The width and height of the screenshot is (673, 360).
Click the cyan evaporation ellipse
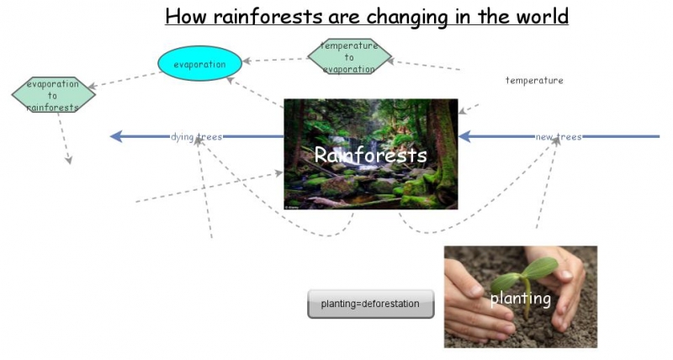click(199, 64)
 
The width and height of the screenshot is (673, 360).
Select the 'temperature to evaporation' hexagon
click(349, 57)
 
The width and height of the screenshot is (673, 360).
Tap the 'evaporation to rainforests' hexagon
click(53, 95)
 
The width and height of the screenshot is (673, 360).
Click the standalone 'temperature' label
click(534, 81)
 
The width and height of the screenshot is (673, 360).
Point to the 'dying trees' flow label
click(196, 136)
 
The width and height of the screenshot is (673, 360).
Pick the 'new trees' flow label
click(558, 136)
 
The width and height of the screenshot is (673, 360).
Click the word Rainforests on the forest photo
click(370, 156)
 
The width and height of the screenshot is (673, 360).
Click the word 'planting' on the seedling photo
click(520, 299)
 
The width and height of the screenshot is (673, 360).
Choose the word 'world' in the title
click(538, 16)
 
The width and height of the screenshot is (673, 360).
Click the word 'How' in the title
click(183, 16)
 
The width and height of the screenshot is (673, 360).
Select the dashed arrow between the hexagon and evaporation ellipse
click(276, 60)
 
